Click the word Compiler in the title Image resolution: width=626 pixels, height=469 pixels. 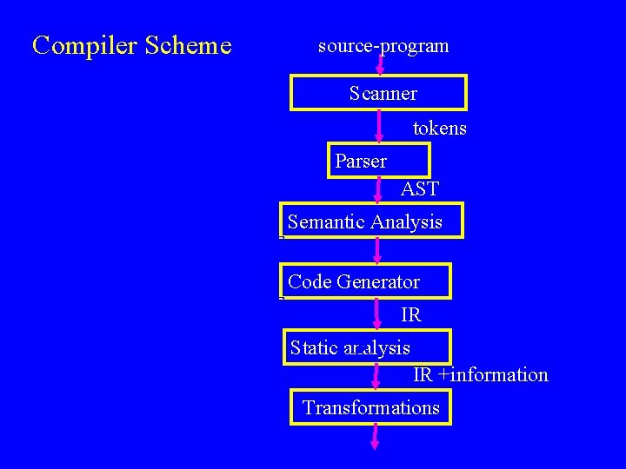coord(74,45)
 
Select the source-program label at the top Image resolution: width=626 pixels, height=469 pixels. coord(383,46)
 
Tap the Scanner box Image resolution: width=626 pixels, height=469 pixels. coord(378,93)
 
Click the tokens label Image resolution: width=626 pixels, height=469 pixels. coord(439,129)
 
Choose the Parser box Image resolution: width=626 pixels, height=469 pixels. coord(378,161)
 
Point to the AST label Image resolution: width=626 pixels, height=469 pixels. coord(420,188)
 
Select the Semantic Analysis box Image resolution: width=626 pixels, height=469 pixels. coord(371,221)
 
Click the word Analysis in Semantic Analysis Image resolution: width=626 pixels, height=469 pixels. coord(406,222)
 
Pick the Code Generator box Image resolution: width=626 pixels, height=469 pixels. coord(365,281)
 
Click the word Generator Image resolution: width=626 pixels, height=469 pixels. coord(378,282)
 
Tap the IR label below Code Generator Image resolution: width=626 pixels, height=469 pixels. coord(411,314)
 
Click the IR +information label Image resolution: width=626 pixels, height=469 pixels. coord(480,375)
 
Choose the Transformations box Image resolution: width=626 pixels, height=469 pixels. coord(370,407)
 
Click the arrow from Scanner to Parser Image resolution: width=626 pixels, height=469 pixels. coord(379,127)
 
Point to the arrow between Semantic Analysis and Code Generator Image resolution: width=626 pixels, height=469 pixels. coord(377,251)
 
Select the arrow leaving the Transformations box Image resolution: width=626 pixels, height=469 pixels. coord(375,436)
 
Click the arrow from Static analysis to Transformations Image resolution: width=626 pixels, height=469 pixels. coord(376,376)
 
